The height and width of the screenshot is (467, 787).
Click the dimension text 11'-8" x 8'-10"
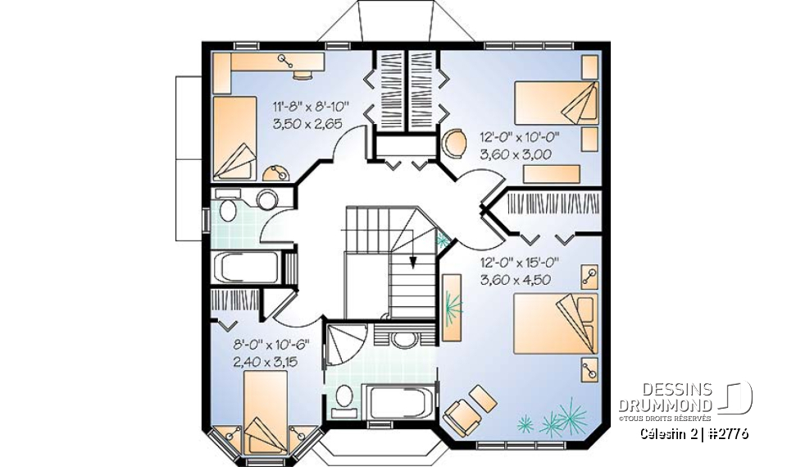click(x=311, y=105)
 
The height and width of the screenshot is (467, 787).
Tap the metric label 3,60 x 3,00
click(x=513, y=153)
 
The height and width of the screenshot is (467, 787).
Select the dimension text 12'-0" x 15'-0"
click(x=519, y=263)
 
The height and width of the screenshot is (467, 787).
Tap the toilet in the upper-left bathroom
click(x=227, y=211)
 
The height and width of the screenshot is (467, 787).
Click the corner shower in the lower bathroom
click(x=343, y=345)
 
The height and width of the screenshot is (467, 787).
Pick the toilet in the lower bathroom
click(x=345, y=396)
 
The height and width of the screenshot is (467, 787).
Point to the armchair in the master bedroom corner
click(x=464, y=414)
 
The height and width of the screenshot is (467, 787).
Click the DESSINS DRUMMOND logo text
click(x=665, y=399)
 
